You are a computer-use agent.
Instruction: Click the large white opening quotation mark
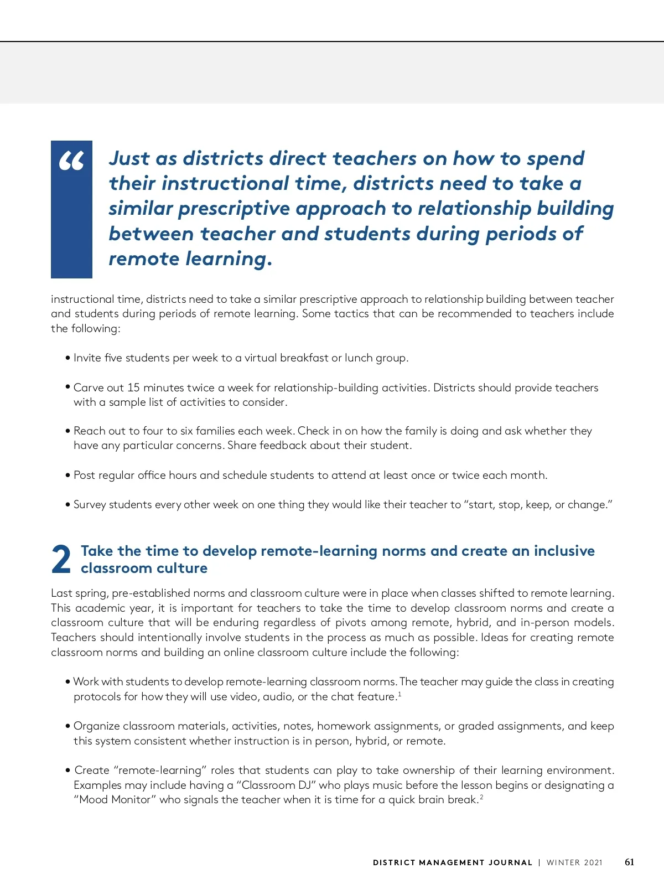click(x=71, y=161)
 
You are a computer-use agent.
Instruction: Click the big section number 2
click(x=61, y=559)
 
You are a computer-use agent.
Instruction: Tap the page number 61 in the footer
click(x=629, y=862)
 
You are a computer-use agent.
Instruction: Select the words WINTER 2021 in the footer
click(x=574, y=862)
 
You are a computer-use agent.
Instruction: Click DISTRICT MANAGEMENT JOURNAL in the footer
click(x=452, y=862)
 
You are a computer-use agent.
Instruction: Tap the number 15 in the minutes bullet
click(x=133, y=387)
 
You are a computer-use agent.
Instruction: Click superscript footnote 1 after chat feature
click(x=400, y=694)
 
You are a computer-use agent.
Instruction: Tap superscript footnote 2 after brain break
click(x=481, y=797)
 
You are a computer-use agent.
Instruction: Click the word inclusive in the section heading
click(x=564, y=551)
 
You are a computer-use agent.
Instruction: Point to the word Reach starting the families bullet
click(x=89, y=431)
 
